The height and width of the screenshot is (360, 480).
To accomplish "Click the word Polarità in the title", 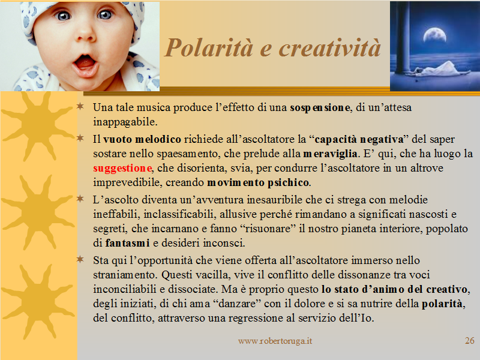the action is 209,49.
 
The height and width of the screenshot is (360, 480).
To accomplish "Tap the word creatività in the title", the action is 329,49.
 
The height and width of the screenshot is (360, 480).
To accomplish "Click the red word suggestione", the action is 122,169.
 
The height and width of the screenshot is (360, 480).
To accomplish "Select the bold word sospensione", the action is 320,108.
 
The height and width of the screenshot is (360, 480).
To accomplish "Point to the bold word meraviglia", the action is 330,154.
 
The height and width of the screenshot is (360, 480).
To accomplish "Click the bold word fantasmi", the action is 127,243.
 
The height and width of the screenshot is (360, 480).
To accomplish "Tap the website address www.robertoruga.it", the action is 275,341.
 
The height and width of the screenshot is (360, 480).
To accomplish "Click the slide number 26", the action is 470,340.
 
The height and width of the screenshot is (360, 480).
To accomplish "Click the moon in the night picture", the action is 434,35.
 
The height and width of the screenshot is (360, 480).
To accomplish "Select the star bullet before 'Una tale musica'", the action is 80,106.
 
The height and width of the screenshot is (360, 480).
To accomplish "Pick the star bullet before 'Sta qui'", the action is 80,259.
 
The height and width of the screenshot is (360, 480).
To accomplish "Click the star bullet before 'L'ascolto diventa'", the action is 80,199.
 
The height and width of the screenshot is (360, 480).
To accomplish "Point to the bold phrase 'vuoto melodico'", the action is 142,139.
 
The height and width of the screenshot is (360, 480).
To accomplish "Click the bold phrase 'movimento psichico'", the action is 258,183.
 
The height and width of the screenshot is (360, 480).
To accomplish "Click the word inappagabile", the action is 124,122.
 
